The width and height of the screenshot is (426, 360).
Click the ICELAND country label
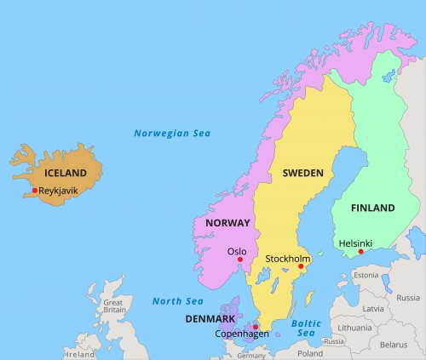tap(66, 173)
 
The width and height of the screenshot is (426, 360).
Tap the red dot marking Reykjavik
tap(35, 191)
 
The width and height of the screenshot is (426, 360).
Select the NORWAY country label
tap(227, 223)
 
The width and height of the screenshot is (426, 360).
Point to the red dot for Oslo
tap(240, 260)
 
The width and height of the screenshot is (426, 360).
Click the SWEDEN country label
tap(303, 173)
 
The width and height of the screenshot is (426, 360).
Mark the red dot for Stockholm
tap(300, 267)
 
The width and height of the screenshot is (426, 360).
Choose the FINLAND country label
tap(373, 208)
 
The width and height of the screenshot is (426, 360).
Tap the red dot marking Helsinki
tap(360, 251)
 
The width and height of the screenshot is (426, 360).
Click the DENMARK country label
tap(210, 319)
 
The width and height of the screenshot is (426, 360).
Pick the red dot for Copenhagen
tap(256, 326)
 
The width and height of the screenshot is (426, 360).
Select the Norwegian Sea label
tap(171, 133)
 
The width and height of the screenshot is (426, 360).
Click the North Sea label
tap(178, 300)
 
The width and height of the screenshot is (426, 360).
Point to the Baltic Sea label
tap(306, 329)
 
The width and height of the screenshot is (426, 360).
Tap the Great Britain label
tap(112, 307)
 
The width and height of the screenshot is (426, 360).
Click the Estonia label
tap(366, 275)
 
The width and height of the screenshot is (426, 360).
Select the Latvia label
tap(373, 308)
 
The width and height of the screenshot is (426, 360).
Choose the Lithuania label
tap(354, 327)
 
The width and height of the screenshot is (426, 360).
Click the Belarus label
tap(394, 345)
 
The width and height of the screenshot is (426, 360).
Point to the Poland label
tap(310, 352)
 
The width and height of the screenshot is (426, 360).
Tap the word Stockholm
tap(288, 258)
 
